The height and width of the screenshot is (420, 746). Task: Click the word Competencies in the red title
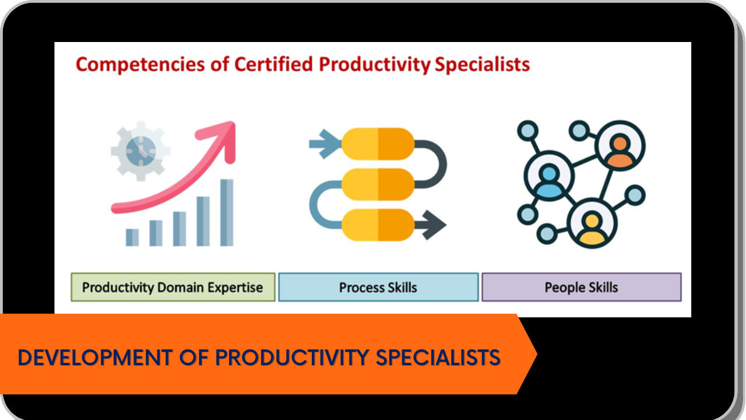coord(140,65)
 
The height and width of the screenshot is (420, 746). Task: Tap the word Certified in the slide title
coord(274,64)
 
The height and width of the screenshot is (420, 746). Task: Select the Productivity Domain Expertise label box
coord(173,287)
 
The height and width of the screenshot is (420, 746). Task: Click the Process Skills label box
coord(378,287)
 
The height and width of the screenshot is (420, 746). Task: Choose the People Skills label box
coord(582,287)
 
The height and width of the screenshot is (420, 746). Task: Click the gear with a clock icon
coord(140,151)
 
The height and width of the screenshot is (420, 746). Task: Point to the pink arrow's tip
coord(234,123)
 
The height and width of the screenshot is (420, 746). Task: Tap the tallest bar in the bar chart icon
coord(227,213)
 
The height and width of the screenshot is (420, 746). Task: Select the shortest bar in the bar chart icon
coord(132,237)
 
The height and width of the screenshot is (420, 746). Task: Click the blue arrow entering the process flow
coord(325,144)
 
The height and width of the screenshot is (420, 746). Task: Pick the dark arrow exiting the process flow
coord(430,225)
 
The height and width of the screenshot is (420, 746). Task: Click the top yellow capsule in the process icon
coord(378,144)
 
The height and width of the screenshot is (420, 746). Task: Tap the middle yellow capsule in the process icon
coord(378,184)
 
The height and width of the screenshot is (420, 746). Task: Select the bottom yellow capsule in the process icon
coord(378,225)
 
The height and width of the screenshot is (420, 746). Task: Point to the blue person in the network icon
coord(549,181)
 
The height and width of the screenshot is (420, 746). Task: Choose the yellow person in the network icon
coord(592,229)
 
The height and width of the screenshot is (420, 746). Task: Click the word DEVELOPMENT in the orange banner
coord(95,358)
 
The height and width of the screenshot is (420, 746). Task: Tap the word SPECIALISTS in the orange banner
coord(438,358)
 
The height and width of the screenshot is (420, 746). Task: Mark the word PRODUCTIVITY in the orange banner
coord(292,358)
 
